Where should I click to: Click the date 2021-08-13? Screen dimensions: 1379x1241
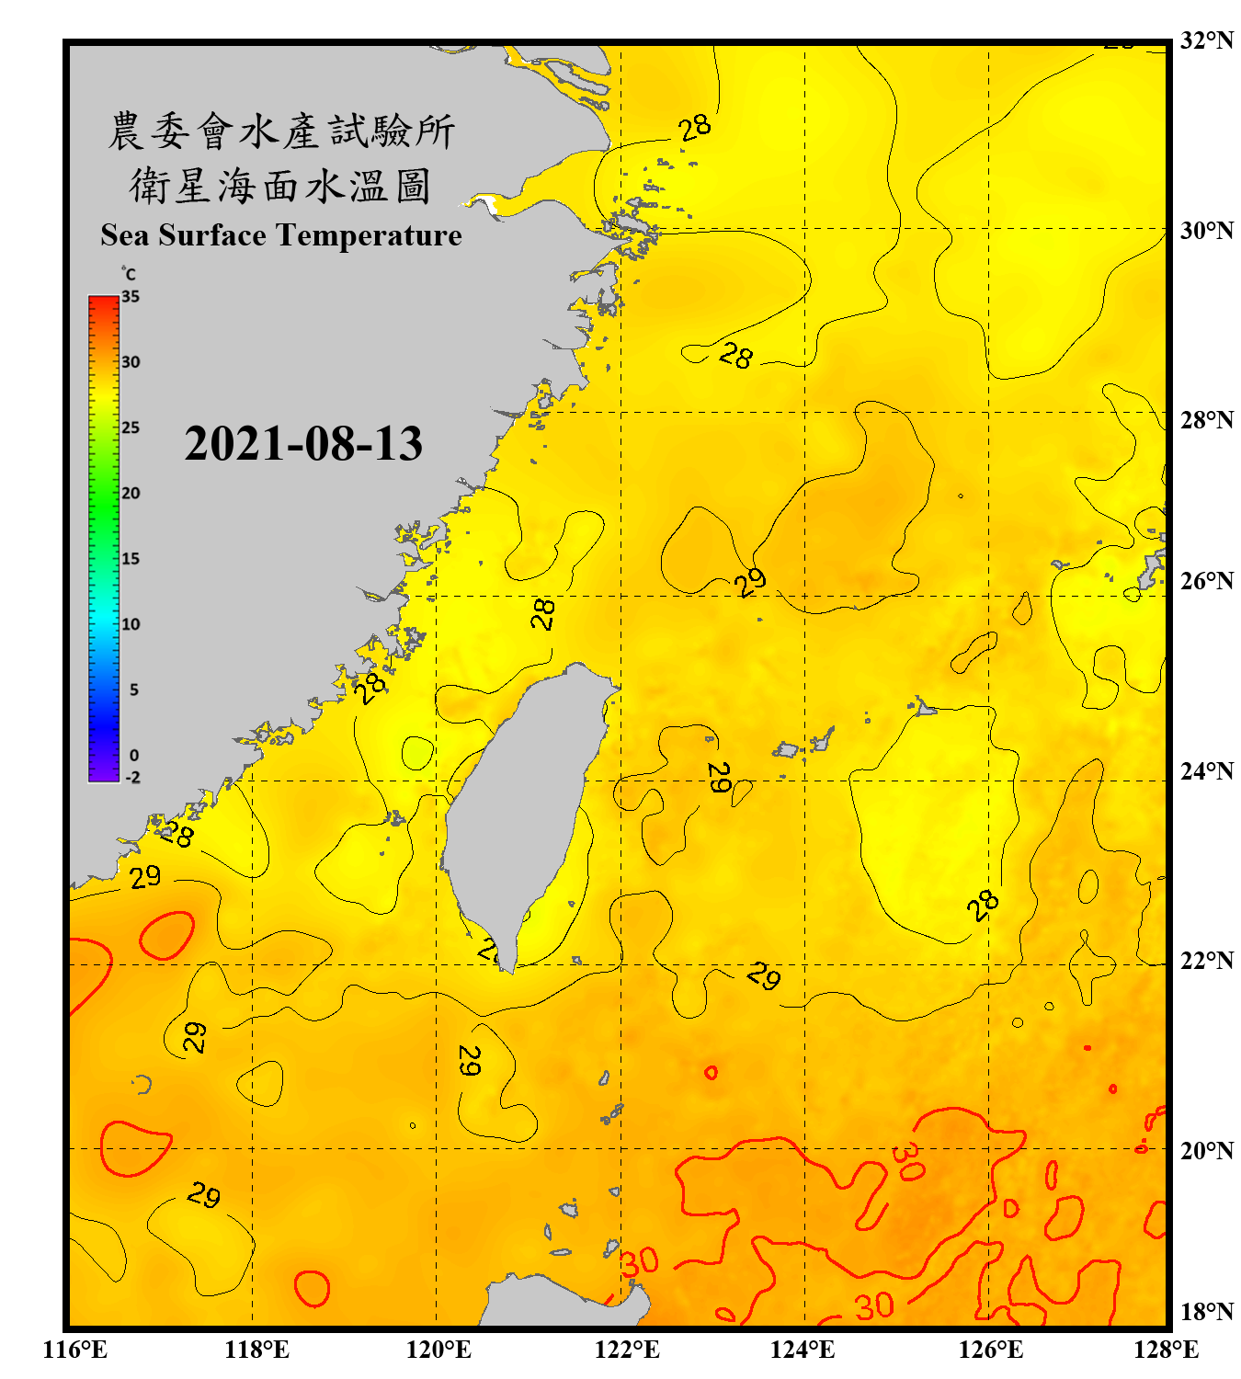tap(303, 444)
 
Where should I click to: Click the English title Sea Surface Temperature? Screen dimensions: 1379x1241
tap(281, 235)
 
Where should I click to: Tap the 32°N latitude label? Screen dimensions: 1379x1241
tap(1206, 40)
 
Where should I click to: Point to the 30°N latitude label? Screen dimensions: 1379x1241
tap(1206, 230)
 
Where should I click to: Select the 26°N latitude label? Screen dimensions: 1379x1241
tap(1206, 581)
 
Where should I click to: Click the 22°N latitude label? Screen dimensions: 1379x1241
tap(1206, 961)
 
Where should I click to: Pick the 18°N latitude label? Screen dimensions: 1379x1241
tap(1206, 1312)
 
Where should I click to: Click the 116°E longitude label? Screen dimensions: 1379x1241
tap(75, 1350)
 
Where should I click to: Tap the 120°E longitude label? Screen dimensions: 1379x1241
tap(438, 1350)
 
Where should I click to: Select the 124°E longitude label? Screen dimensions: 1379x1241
tap(803, 1350)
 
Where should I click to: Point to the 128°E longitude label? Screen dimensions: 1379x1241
tap(1166, 1350)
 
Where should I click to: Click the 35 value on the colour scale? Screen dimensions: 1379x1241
tap(131, 297)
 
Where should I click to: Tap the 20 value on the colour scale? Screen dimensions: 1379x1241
tap(131, 494)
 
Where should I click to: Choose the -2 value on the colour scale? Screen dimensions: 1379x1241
tap(133, 778)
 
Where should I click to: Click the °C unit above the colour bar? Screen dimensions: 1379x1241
tap(129, 274)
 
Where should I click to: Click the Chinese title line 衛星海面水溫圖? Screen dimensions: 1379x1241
tap(280, 187)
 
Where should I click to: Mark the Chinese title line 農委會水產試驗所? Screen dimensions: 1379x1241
tap(281, 131)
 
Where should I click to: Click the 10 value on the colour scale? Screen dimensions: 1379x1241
tap(131, 624)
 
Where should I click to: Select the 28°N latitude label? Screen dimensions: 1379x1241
tap(1206, 420)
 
